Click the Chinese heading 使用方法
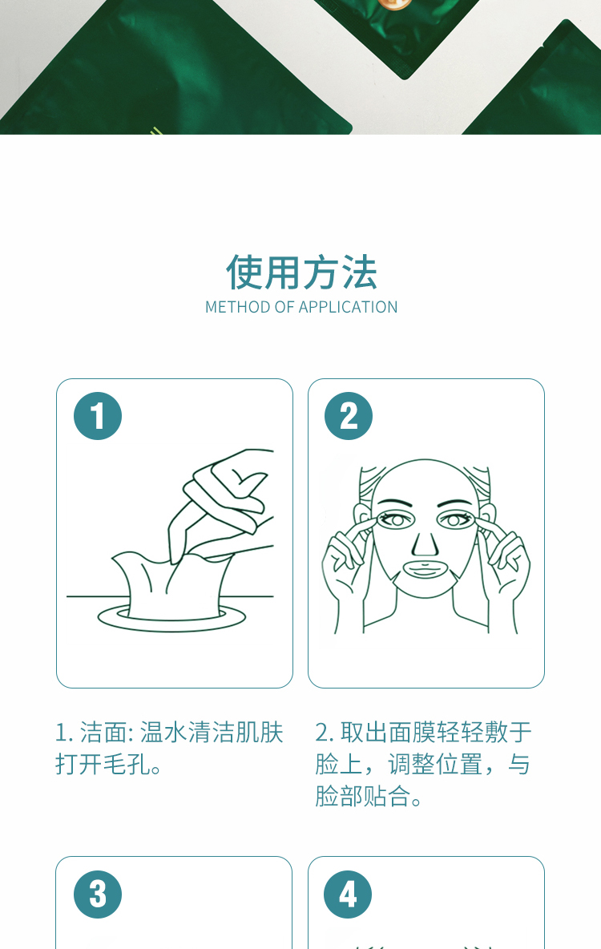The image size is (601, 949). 301,273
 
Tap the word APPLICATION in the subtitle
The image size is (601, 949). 349,307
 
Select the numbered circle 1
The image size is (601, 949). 98,416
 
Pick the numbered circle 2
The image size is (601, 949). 349,416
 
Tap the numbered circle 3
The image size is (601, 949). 98,894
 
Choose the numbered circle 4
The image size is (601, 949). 348,894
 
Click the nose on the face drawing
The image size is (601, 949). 425,542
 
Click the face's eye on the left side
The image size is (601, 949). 394,519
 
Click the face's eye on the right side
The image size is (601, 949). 456,519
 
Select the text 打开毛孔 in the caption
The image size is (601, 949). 103,765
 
